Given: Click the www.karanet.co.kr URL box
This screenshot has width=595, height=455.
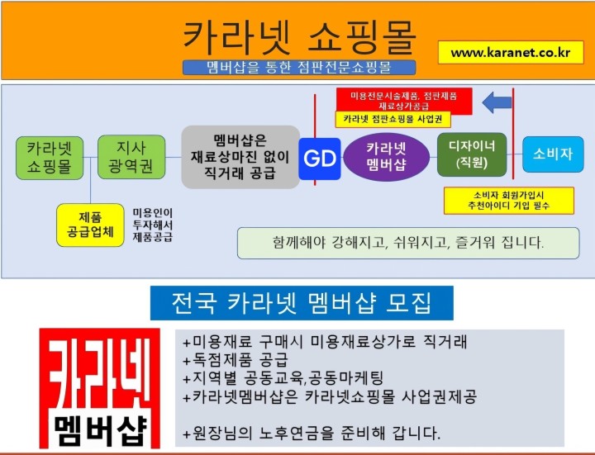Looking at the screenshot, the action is pyautogui.click(x=511, y=52).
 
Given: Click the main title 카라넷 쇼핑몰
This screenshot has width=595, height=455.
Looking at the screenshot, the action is pyautogui.click(x=300, y=37).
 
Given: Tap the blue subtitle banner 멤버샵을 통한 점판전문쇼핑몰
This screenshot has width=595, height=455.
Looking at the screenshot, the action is pyautogui.click(x=299, y=68).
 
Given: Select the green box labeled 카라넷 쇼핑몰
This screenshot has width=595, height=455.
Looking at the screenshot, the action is pyautogui.click(x=50, y=158).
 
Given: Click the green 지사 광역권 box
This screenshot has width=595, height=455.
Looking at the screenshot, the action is pyautogui.click(x=131, y=157).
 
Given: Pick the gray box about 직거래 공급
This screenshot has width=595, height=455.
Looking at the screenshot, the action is pyautogui.click(x=240, y=157).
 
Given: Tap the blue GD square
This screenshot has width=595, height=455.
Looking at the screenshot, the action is pyautogui.click(x=320, y=159).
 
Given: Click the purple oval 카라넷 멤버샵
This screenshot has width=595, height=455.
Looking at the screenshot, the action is pyautogui.click(x=386, y=157).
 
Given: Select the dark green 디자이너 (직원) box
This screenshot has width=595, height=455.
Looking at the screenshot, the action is pyautogui.click(x=472, y=154).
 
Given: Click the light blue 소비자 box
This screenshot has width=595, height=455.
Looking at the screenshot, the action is pyautogui.click(x=553, y=154).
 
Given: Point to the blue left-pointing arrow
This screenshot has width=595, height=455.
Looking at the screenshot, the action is pyautogui.click(x=497, y=102).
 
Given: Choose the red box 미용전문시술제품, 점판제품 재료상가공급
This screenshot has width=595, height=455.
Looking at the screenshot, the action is pyautogui.click(x=404, y=101).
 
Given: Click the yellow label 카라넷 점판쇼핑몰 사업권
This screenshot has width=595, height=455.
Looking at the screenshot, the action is pyautogui.click(x=393, y=120).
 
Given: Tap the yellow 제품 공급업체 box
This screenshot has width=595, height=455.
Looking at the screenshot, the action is pyautogui.click(x=90, y=225).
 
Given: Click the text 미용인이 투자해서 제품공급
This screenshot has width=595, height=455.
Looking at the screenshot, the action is pyautogui.click(x=153, y=225).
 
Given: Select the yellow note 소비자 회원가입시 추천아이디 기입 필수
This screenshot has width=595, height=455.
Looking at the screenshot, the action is pyautogui.click(x=509, y=201).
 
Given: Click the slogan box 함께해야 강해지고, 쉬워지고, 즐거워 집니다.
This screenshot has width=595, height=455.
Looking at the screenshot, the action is pyautogui.click(x=408, y=243).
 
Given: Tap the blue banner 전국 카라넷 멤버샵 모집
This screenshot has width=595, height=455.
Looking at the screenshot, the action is pyautogui.click(x=302, y=303).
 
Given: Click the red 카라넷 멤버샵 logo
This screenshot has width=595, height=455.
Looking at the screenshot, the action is pyautogui.click(x=100, y=388).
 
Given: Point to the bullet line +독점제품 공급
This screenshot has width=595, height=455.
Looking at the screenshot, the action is pyautogui.click(x=236, y=360).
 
